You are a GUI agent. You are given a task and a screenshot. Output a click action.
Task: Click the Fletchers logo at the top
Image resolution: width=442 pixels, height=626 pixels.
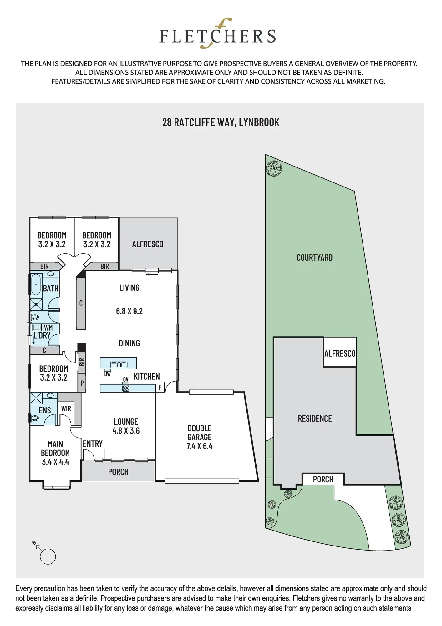coord(218,34)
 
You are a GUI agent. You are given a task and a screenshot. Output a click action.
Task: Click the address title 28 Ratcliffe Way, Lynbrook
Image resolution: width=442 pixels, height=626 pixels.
coord(221,122)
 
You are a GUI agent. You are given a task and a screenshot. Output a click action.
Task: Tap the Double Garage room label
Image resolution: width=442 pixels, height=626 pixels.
coord(200,437)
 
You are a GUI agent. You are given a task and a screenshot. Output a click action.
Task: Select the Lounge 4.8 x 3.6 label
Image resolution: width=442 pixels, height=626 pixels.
coord(126,426)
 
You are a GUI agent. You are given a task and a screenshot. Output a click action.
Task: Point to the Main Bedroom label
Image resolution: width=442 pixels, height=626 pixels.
coord(55,453)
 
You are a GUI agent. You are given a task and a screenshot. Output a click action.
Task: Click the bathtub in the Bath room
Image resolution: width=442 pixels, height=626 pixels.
coord(36,285)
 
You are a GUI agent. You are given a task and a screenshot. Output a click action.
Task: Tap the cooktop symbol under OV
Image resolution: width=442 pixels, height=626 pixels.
coord(126,388)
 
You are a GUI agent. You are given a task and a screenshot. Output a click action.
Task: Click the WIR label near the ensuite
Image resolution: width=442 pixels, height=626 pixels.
coord(66,408)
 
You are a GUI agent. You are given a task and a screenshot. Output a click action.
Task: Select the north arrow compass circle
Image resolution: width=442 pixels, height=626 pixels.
coord(48,557)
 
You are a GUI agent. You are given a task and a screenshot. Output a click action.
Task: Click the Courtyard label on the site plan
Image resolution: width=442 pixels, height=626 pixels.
coord(314,258)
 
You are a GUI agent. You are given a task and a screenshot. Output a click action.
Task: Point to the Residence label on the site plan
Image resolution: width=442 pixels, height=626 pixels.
coord(315,418)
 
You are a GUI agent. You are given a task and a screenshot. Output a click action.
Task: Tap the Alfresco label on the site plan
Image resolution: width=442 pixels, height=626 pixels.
coord(340,353)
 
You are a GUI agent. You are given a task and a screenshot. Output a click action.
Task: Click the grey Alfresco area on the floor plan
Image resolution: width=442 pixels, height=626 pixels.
coord(148,244)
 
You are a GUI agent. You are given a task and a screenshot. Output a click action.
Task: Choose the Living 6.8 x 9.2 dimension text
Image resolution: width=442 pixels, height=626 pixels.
coord(129,311)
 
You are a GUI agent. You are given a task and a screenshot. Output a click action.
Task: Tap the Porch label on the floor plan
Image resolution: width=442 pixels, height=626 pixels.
coord(118,472)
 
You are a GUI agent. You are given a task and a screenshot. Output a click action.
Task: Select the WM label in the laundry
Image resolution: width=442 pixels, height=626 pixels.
coord(48,328)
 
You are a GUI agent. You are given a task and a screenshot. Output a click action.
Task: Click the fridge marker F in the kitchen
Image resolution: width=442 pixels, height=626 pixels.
coord(160,387)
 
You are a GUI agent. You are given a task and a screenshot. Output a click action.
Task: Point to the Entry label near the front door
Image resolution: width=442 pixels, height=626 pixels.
coord(93,444)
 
